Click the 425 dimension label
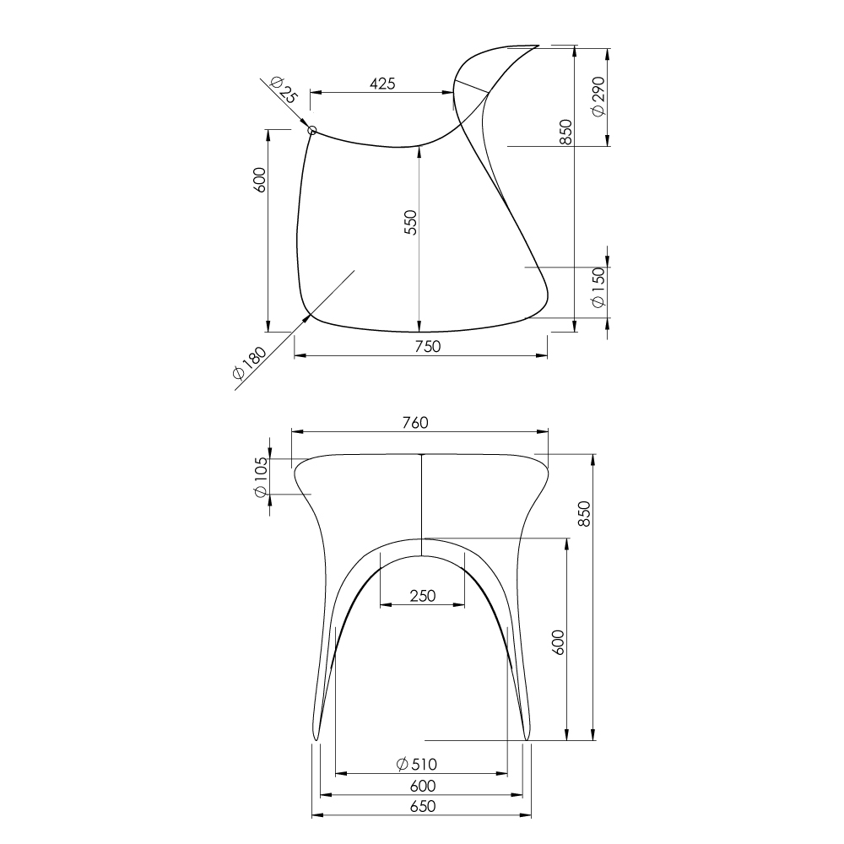tap(382, 84)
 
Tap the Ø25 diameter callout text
tap(284, 90)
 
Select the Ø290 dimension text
tap(598, 96)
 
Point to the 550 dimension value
tap(410, 222)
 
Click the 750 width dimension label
tap(428, 346)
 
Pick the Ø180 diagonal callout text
tap(249, 363)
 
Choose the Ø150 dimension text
tap(598, 288)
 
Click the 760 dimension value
tap(415, 423)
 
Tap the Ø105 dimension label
tap(260, 478)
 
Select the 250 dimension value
tap(423, 596)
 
